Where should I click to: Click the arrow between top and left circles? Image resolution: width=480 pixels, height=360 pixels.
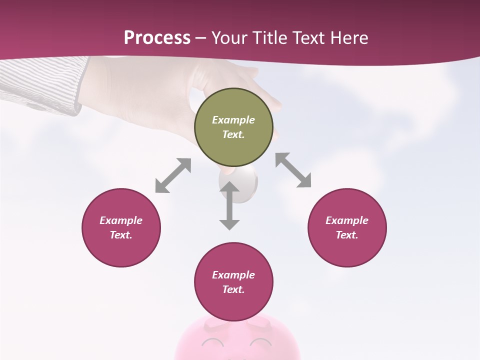[x=173, y=175]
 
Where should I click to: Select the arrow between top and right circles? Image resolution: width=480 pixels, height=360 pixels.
[x=293, y=170]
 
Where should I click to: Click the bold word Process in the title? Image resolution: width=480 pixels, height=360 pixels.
[x=157, y=37]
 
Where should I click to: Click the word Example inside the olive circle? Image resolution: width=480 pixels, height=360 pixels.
[x=233, y=120]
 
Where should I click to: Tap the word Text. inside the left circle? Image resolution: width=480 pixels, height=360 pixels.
[x=121, y=235]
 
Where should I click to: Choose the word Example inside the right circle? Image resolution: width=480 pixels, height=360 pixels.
[x=347, y=220]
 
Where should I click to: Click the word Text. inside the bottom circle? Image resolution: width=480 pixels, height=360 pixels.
[x=233, y=289]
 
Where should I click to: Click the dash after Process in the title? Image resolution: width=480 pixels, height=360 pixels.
[x=201, y=38]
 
